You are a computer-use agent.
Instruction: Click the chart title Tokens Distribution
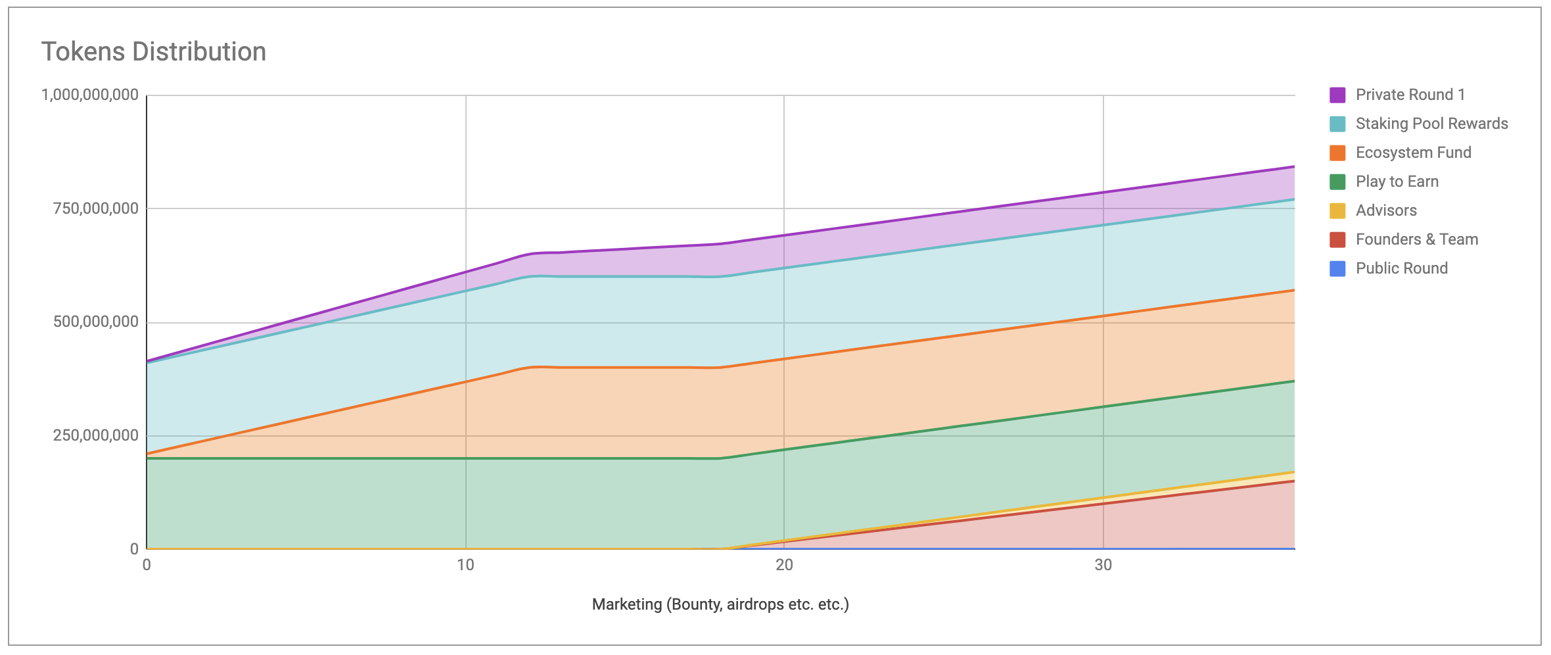(154, 52)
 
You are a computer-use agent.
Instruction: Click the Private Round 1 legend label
(1410, 95)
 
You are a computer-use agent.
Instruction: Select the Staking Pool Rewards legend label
(1431, 124)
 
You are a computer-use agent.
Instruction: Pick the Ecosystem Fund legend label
(1413, 153)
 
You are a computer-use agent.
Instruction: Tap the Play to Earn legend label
(1397, 182)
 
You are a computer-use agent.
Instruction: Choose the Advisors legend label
(1386, 210)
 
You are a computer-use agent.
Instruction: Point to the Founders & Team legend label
(1416, 239)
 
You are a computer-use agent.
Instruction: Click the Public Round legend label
(1401, 268)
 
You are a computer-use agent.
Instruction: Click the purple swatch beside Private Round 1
(1337, 95)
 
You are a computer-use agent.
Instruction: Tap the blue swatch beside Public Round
(1337, 268)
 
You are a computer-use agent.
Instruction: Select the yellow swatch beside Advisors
(1337, 210)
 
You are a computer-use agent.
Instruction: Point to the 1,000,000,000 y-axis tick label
(90, 95)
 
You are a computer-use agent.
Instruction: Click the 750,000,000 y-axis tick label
(96, 208)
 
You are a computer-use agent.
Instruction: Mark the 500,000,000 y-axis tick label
(96, 322)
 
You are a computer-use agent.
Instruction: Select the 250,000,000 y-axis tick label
(96, 435)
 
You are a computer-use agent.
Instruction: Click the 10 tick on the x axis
(465, 565)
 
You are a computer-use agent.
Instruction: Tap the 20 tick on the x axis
(784, 565)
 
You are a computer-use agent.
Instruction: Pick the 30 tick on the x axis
(1103, 565)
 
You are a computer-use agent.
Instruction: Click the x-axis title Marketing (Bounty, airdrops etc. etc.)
(720, 604)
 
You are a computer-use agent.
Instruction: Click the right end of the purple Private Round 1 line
(1293, 166)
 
